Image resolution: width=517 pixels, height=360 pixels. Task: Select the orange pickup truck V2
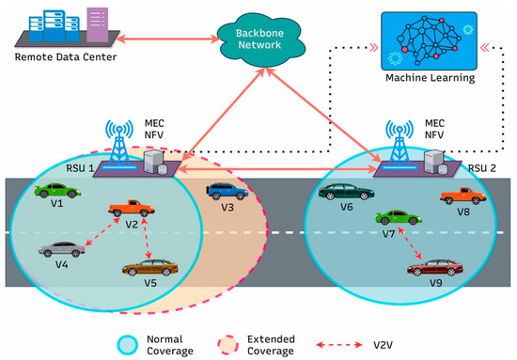click(x=127, y=209)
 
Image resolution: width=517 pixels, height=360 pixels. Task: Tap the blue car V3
click(x=227, y=193)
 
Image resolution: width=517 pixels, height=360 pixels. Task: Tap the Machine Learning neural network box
click(x=428, y=39)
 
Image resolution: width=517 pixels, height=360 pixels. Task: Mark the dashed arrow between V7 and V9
click(x=412, y=243)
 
